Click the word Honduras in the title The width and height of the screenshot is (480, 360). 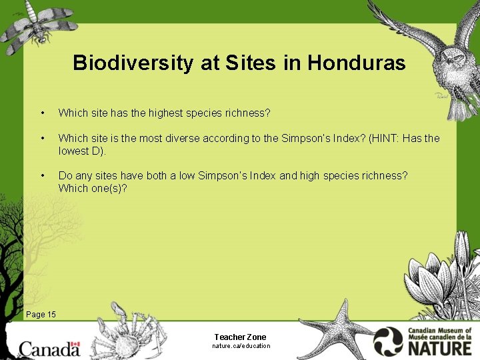(x=357, y=63)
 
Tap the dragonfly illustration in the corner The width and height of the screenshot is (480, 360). (x=37, y=27)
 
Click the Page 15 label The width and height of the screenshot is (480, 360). (x=41, y=314)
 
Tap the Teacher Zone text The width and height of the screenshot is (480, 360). (x=240, y=337)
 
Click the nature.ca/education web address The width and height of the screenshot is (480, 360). (x=241, y=346)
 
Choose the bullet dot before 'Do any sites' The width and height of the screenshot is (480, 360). (x=42, y=175)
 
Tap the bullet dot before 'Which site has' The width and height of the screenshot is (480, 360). (x=42, y=113)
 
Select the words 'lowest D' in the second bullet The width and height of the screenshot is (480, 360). (x=80, y=151)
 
